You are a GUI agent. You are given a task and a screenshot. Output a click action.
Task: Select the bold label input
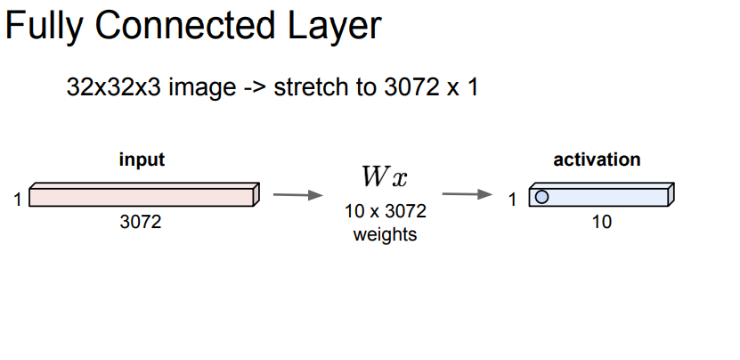pyautogui.click(x=142, y=160)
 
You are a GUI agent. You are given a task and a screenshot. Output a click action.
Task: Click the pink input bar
pyautogui.click(x=142, y=194)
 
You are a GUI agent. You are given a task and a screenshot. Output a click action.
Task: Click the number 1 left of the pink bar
pyautogui.click(x=19, y=200)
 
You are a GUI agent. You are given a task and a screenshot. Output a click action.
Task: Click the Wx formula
pyautogui.click(x=384, y=177)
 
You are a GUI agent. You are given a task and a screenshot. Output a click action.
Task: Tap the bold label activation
pyautogui.click(x=597, y=160)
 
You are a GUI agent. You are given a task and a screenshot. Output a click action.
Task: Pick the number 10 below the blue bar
pyautogui.click(x=602, y=222)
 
